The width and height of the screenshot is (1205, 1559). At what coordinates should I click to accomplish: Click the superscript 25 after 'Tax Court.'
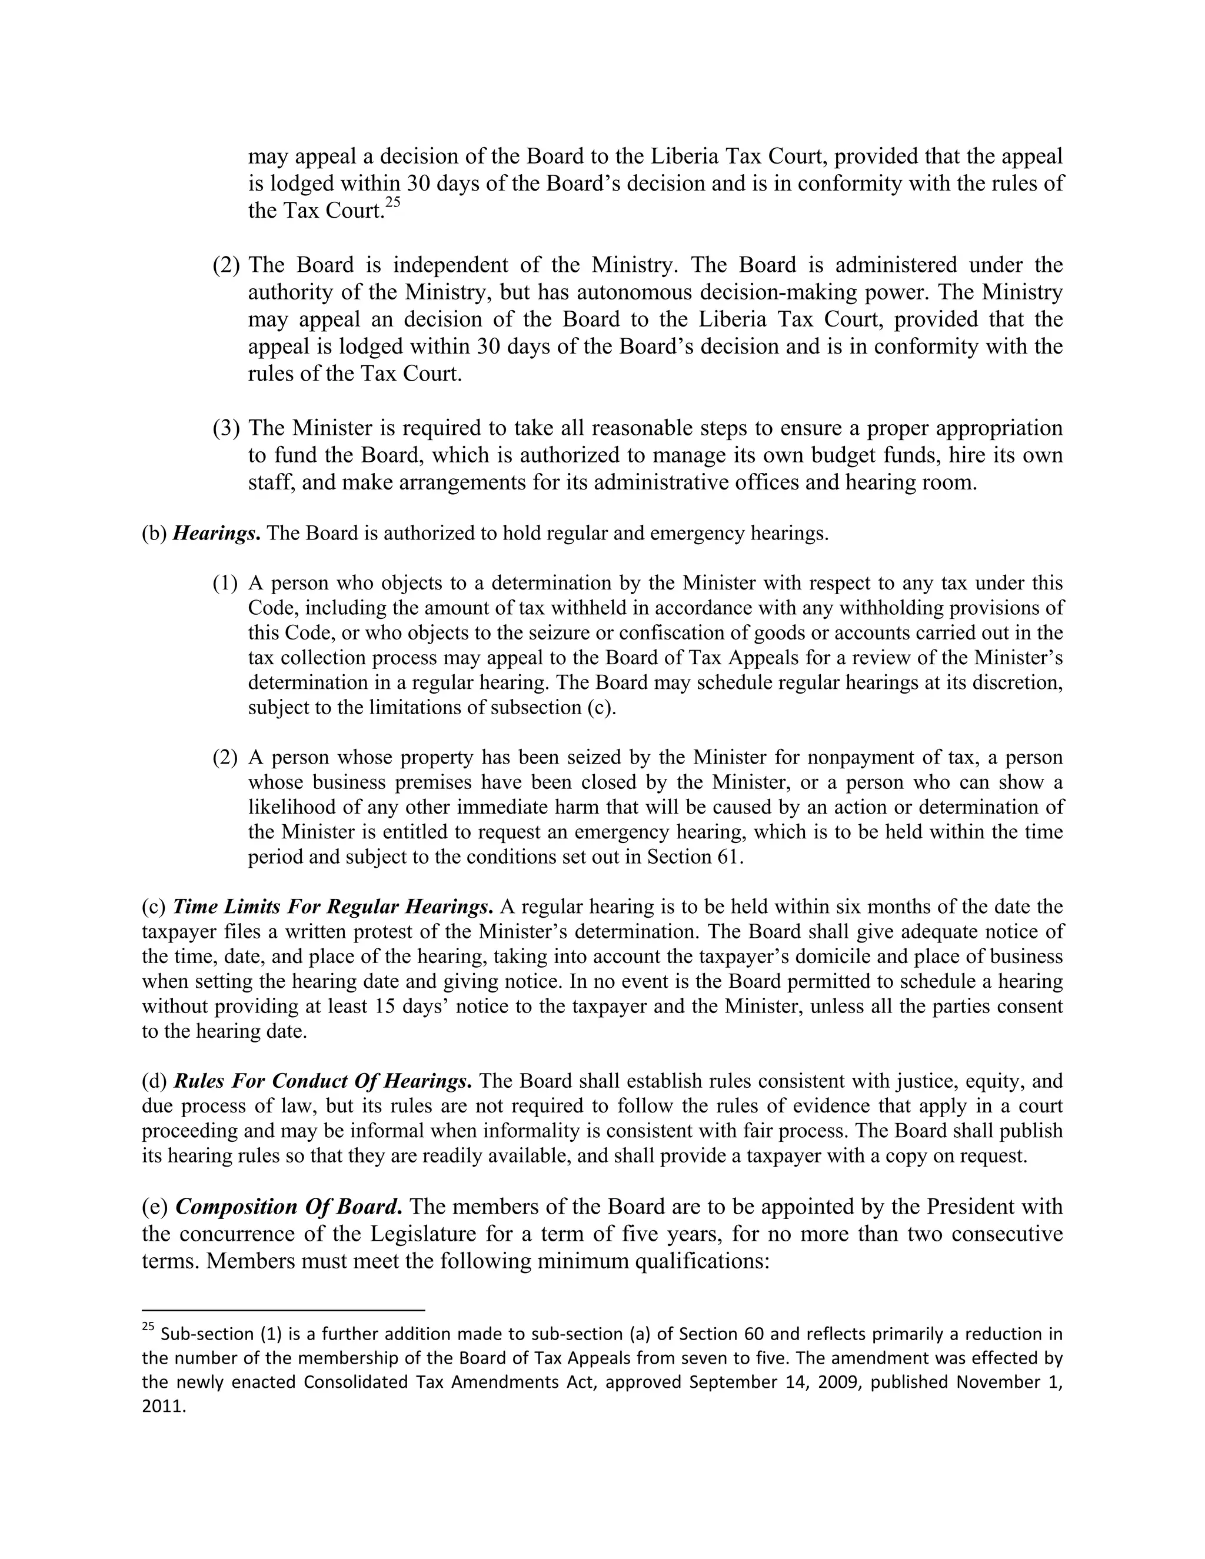coord(392,203)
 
